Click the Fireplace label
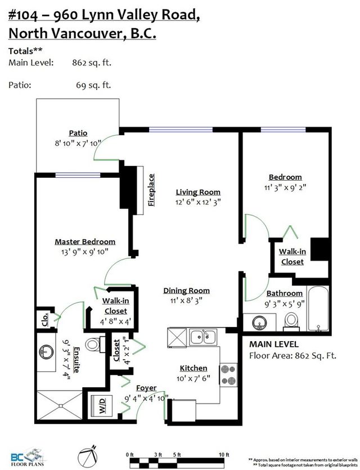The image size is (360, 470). (x=151, y=190)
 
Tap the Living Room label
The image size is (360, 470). (x=197, y=192)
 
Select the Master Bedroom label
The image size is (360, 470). (x=85, y=241)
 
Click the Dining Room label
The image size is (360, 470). (x=186, y=290)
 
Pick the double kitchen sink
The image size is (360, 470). (x=204, y=337)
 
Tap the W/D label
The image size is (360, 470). (x=103, y=409)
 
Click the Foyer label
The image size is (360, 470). (x=146, y=388)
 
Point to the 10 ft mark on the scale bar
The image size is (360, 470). (x=226, y=454)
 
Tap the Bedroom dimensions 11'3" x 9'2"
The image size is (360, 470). (x=285, y=187)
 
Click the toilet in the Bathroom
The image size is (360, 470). (x=291, y=319)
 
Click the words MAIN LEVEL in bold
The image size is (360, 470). (x=274, y=344)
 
